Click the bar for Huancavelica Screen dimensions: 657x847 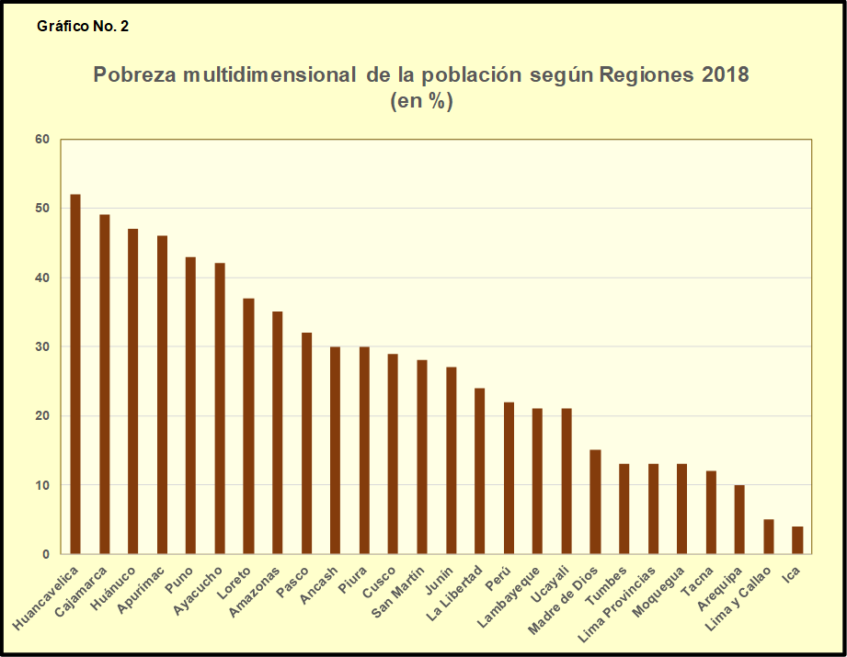75,374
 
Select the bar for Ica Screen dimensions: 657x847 797,540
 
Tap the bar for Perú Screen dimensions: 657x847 509,478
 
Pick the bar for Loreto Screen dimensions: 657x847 248,426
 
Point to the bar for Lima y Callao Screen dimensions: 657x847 769,537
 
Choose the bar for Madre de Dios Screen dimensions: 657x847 595,502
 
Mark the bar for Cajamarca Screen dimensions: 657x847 104,384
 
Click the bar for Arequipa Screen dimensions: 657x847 739,519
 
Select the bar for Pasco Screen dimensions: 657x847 306,443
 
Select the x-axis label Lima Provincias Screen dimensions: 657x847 623,602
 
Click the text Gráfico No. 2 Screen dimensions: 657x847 83,26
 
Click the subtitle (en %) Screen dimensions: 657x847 422,101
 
